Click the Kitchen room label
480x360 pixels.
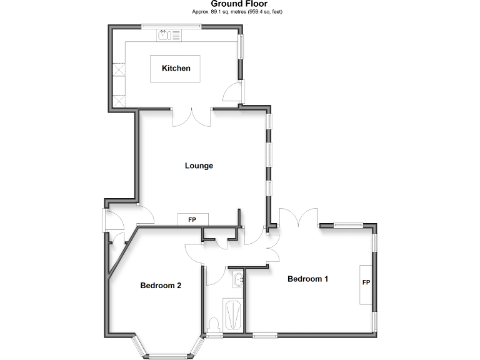coord(176,68)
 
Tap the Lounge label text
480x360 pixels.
coord(199,166)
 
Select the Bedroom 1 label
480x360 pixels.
coord(307,279)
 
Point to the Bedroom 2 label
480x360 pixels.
coord(161,286)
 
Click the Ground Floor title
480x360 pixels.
coord(239,4)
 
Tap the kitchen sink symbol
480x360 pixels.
coord(165,35)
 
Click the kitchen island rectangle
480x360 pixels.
coord(176,68)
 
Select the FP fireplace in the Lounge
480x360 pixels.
coord(192,219)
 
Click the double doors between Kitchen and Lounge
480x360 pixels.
coord(193,116)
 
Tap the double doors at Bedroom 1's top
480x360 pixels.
coord(299,219)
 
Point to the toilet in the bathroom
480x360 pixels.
coord(214,324)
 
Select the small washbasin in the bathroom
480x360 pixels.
coord(238,279)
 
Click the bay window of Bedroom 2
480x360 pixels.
coord(167,356)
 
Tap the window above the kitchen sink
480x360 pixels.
coord(171,26)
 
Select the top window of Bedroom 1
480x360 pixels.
coord(348,224)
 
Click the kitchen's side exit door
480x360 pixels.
coord(234,92)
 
